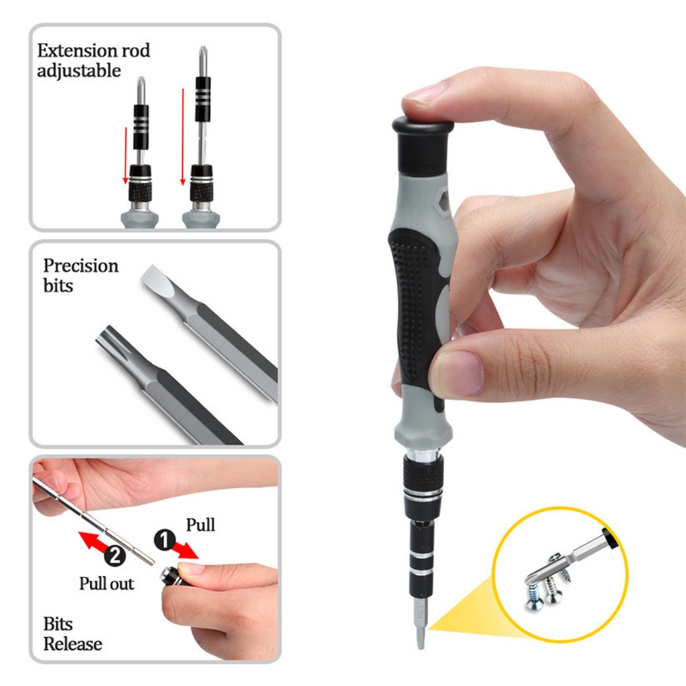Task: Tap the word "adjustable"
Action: click(x=79, y=71)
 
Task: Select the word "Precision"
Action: click(x=81, y=265)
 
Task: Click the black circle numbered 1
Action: click(x=165, y=541)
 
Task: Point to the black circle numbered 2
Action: click(x=115, y=556)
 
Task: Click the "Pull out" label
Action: click(x=107, y=584)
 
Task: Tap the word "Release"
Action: click(x=72, y=644)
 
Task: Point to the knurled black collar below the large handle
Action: click(x=423, y=474)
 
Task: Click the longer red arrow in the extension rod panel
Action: click(x=183, y=137)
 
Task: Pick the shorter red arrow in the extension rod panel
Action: click(x=125, y=155)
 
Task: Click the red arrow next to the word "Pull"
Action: click(x=185, y=550)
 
